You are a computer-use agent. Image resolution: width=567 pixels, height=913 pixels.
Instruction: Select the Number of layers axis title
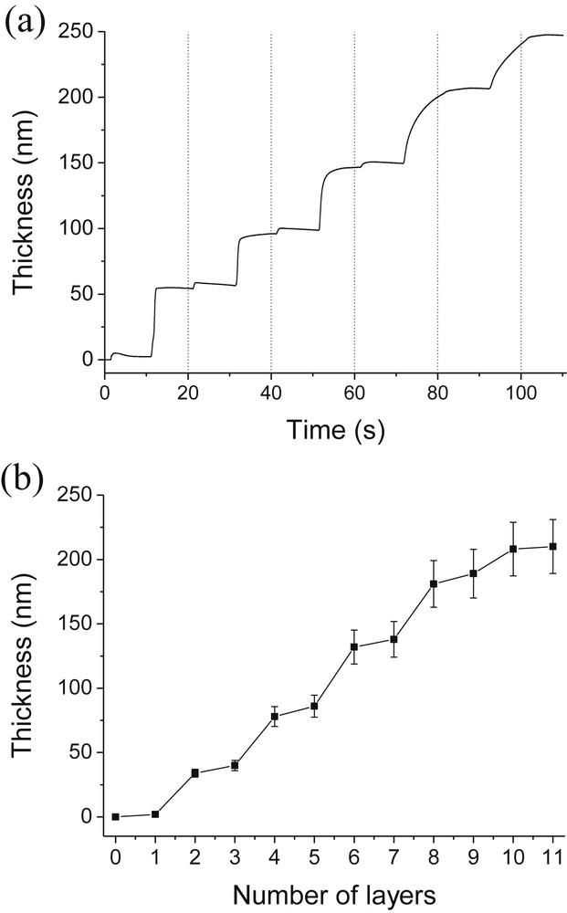coord(336,893)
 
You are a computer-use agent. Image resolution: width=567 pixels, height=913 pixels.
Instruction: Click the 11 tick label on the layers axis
coord(553,857)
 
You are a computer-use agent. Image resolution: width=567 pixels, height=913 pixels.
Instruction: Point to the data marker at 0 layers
coord(115,816)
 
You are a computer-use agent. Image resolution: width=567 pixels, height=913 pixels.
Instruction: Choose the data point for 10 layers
coord(513,549)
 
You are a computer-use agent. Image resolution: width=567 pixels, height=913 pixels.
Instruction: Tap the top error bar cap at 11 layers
coord(553,519)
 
